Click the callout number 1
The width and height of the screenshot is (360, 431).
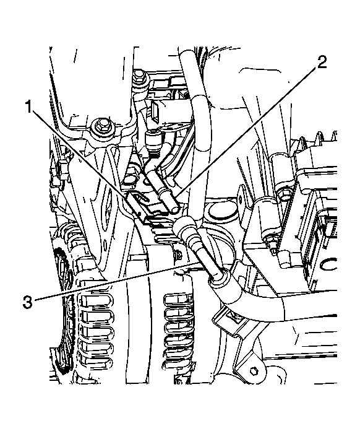[x=29, y=107]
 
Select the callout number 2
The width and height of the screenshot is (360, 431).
[x=322, y=62]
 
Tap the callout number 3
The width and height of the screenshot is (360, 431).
[x=27, y=302]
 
